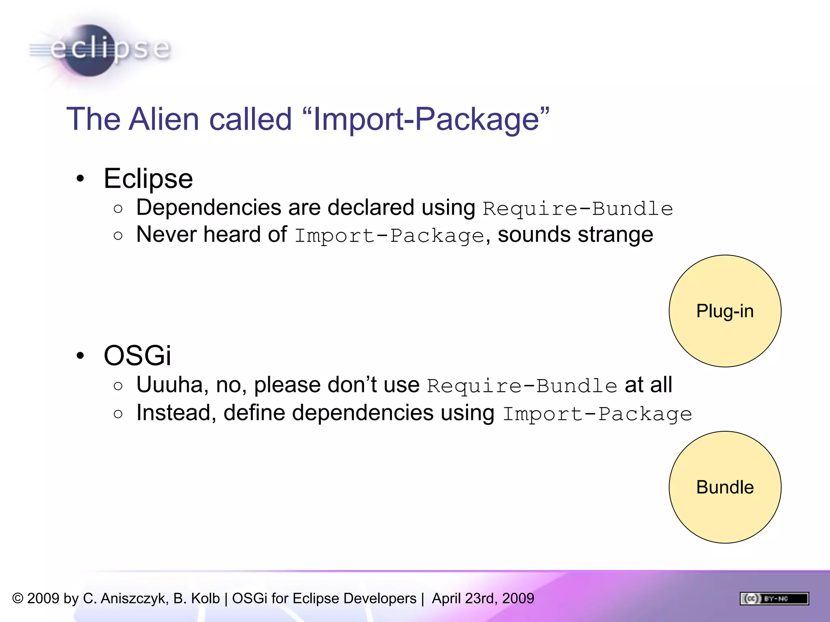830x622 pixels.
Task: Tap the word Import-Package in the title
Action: coord(426,119)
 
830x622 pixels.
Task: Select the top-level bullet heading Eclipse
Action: coord(148,179)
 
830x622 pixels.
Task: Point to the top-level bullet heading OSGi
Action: coord(137,356)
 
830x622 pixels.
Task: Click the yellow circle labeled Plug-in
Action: coord(725,311)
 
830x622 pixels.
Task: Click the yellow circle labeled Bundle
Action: coord(725,487)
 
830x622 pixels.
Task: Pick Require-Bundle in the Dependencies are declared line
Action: coord(578,209)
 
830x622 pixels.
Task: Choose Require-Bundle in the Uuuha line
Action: coord(522,386)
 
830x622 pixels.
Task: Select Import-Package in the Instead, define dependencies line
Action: coord(597,414)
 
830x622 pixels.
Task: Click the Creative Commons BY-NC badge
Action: coord(774,599)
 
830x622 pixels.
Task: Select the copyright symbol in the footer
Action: coord(18,599)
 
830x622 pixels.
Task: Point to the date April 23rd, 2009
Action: coord(483,599)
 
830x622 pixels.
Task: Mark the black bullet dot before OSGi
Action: coord(80,356)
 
